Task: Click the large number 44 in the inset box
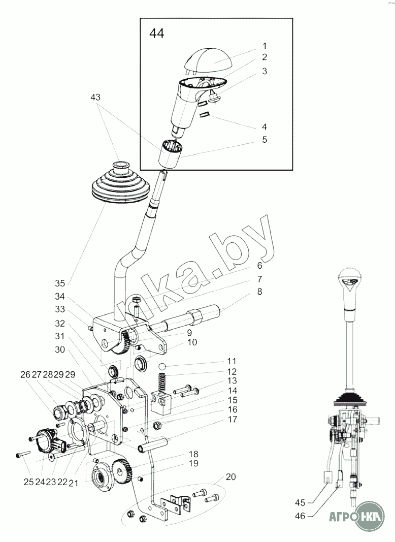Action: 156,34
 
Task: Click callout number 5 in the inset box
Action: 265,139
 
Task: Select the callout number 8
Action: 259,292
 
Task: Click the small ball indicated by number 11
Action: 161,367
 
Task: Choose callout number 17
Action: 232,420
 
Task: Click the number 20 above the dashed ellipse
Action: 231,477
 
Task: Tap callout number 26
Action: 25,374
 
